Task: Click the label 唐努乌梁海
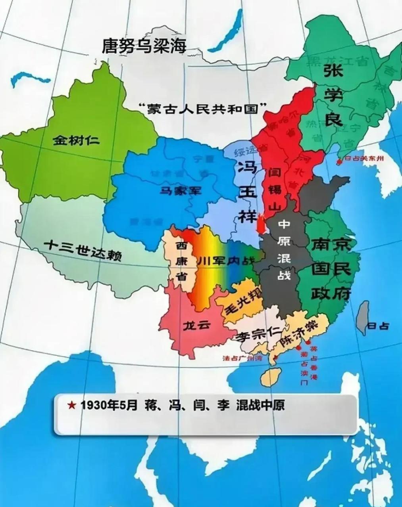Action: click(x=144, y=46)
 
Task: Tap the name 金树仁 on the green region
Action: click(x=77, y=140)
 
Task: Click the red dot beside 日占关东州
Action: click(x=339, y=162)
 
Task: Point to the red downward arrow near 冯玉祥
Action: click(x=260, y=225)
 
